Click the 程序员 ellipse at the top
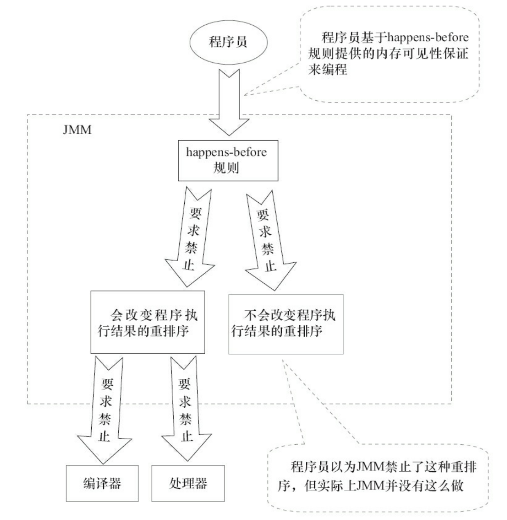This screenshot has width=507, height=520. tap(228, 42)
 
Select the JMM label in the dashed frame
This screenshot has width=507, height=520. tap(77, 130)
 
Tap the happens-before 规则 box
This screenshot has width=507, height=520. tap(228, 160)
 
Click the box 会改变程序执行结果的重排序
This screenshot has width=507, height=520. tap(147, 322)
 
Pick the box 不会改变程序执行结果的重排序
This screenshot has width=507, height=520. tap(285, 323)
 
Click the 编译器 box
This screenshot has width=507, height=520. tap(102, 483)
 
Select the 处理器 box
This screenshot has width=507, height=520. tap(188, 483)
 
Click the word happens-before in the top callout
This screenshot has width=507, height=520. tap(428, 38)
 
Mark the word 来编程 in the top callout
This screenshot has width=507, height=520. tap(328, 70)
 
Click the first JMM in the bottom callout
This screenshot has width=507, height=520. tap(371, 467)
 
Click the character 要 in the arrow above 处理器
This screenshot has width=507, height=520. tap(185, 383)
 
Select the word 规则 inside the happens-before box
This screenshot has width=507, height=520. tap(226, 167)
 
